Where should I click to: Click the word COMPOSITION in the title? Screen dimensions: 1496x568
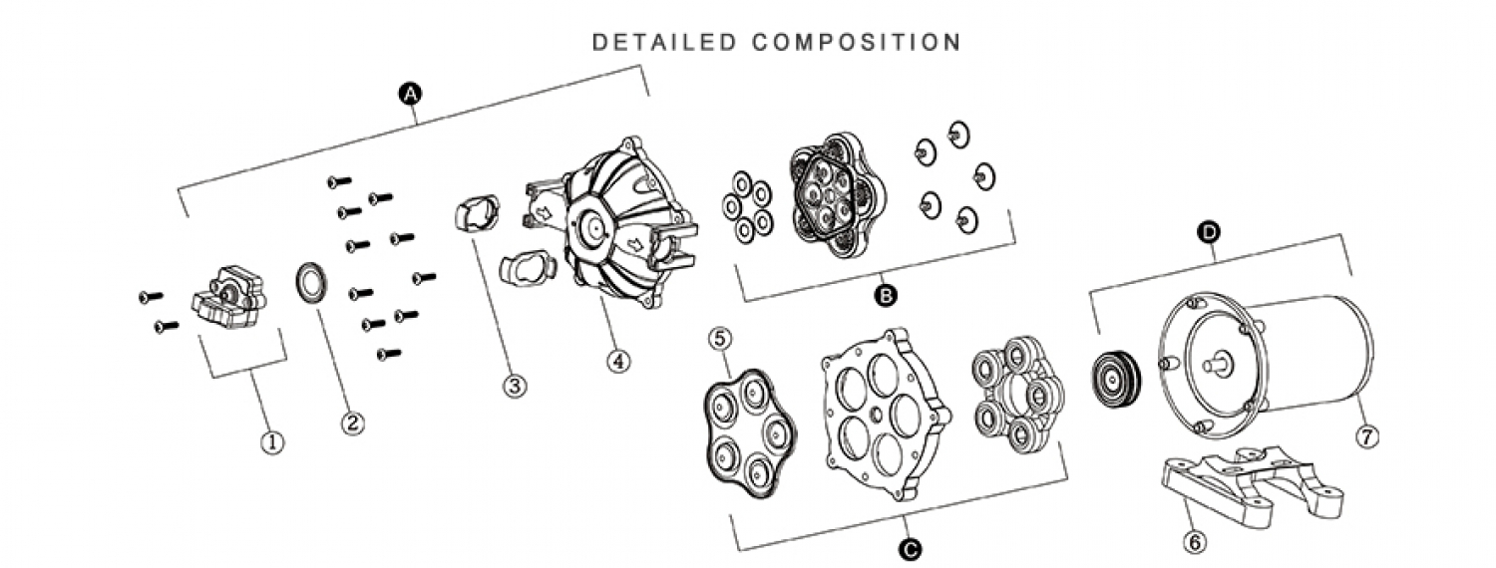tap(857, 42)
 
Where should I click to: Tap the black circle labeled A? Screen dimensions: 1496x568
tap(410, 94)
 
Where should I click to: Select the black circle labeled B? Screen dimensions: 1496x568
tap(886, 295)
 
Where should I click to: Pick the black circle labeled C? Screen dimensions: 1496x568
tap(910, 549)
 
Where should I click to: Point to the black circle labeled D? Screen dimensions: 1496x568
tap(1209, 232)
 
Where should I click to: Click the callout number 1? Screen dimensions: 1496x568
tap(272, 441)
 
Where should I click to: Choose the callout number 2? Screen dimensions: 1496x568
tap(353, 423)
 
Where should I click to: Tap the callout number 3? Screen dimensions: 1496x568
tap(515, 385)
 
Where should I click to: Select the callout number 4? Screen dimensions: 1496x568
tap(618, 361)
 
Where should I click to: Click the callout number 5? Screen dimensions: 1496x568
tap(719, 339)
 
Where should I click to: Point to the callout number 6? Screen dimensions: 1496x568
tap(1195, 541)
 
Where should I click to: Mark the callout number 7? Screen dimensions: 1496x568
tap(1367, 437)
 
